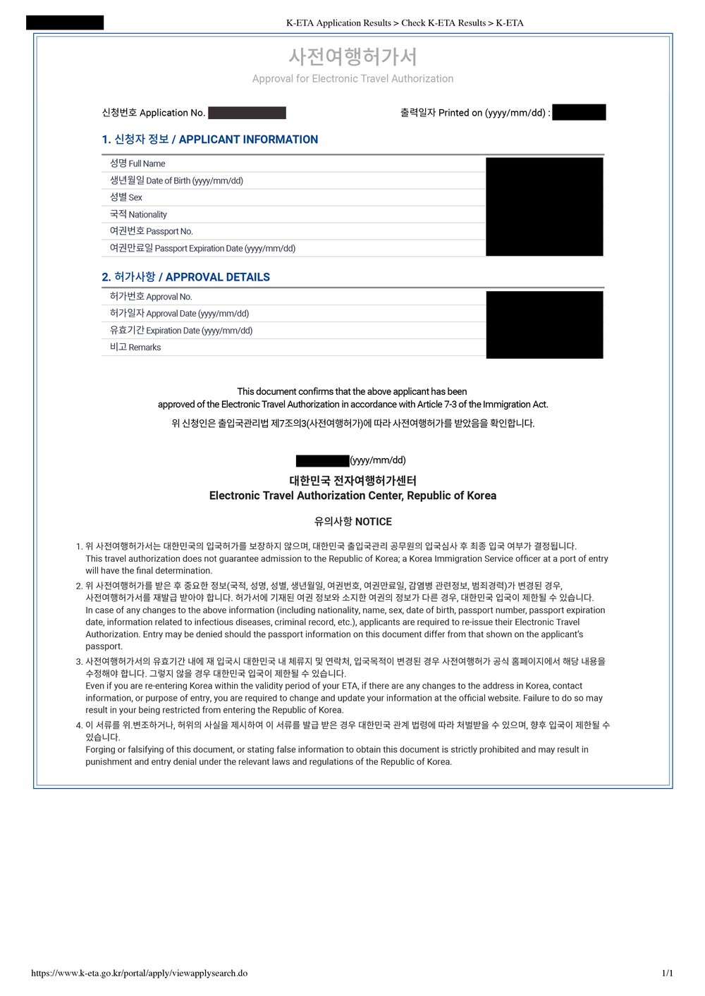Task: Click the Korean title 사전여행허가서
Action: [352, 56]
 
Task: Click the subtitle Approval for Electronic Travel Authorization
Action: [352, 79]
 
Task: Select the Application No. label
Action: [154, 113]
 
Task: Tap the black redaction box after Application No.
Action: [247, 113]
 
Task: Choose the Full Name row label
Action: [137, 164]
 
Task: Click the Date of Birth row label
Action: [176, 180]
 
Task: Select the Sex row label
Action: [126, 197]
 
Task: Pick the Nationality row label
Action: [138, 214]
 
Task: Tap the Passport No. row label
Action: [151, 231]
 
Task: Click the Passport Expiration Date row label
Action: [202, 248]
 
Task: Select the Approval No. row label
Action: [151, 297]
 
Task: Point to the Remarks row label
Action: [135, 348]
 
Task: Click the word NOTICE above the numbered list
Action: [373, 522]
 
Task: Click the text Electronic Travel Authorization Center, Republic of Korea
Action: [352, 496]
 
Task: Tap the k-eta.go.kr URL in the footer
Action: [139, 973]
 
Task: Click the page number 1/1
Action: [667, 973]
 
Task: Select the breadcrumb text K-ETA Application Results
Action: [338, 23]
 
